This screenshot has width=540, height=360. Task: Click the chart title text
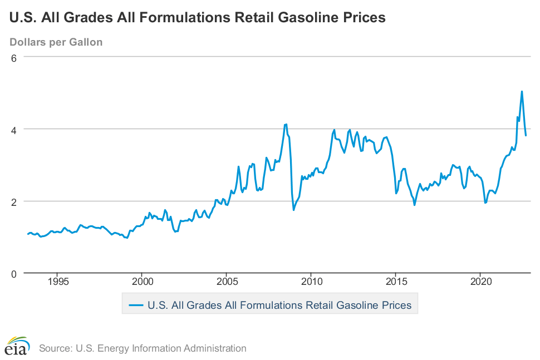pos(198,18)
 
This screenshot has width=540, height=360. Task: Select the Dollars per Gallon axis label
pos(56,42)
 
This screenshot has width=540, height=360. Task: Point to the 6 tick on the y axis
pos(15,57)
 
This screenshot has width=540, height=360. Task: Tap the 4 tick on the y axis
pos(15,129)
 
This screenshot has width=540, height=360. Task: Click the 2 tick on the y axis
pos(15,201)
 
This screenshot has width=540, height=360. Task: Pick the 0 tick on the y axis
pos(15,273)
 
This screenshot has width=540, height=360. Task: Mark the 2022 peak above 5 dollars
pos(522,91)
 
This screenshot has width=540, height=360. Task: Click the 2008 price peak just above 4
pos(286,124)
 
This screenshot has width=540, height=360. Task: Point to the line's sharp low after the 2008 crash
pos(293,210)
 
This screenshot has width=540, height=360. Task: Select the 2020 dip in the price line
pos(485,203)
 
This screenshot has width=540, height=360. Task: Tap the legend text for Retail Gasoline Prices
pos(279,305)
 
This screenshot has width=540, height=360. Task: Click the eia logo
pos(17,347)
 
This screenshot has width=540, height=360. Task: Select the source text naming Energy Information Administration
pos(143,348)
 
